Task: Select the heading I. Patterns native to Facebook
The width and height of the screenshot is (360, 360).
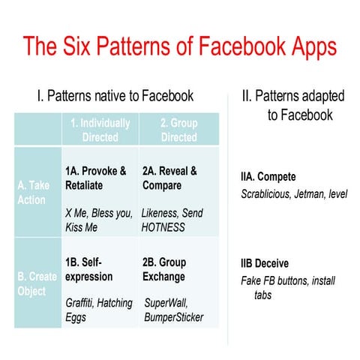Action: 115,95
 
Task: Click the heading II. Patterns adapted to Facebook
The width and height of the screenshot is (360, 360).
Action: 292,105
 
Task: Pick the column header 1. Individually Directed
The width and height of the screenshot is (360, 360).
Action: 100,130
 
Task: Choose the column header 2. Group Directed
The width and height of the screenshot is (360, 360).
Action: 178,130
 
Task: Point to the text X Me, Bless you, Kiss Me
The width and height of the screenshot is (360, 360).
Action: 99,219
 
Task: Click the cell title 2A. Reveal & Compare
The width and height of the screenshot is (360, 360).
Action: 169,178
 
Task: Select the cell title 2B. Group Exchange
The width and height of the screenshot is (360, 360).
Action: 164,269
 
